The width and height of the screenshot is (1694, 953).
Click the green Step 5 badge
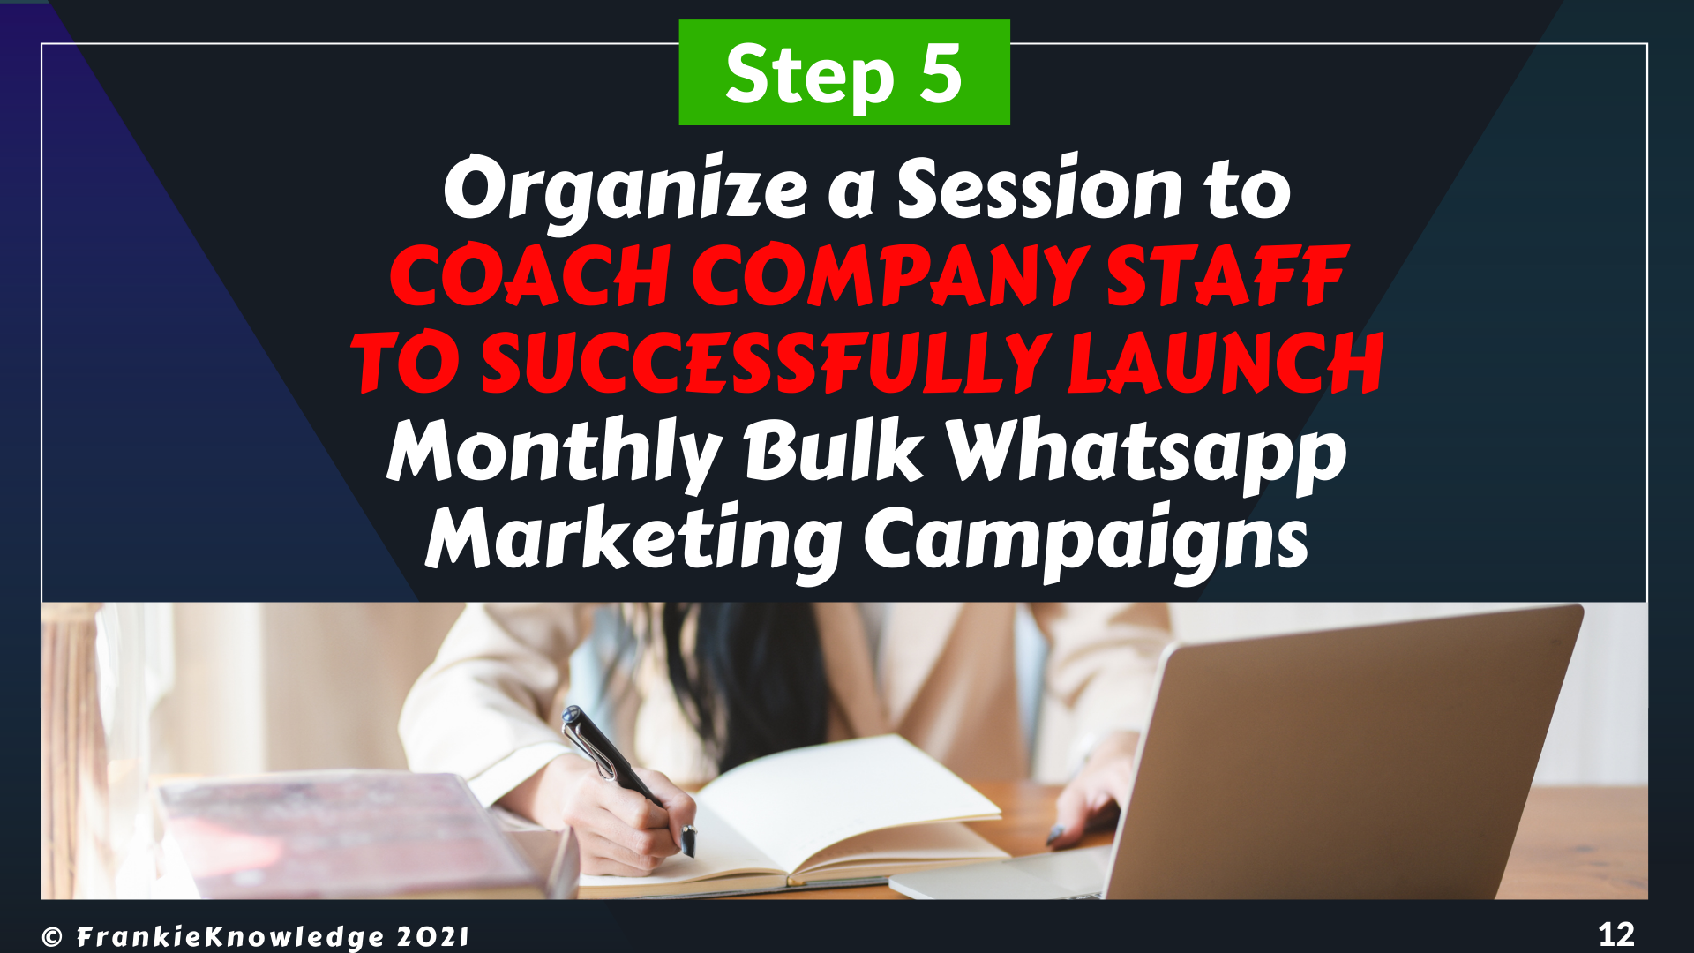[844, 72]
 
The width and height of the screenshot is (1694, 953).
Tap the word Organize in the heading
[626, 190]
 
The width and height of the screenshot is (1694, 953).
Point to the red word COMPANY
[890, 275]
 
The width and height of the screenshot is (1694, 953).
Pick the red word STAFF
[1227, 275]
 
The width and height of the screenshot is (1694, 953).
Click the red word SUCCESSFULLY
[765, 363]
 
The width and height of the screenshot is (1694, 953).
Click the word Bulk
[834, 449]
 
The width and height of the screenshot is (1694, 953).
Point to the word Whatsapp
[1146, 454]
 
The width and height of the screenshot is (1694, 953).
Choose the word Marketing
[633, 541]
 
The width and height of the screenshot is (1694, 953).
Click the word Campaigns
[1086, 541]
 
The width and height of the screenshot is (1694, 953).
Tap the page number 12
[1616, 934]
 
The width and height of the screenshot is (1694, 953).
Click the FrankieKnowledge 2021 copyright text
[256, 936]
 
